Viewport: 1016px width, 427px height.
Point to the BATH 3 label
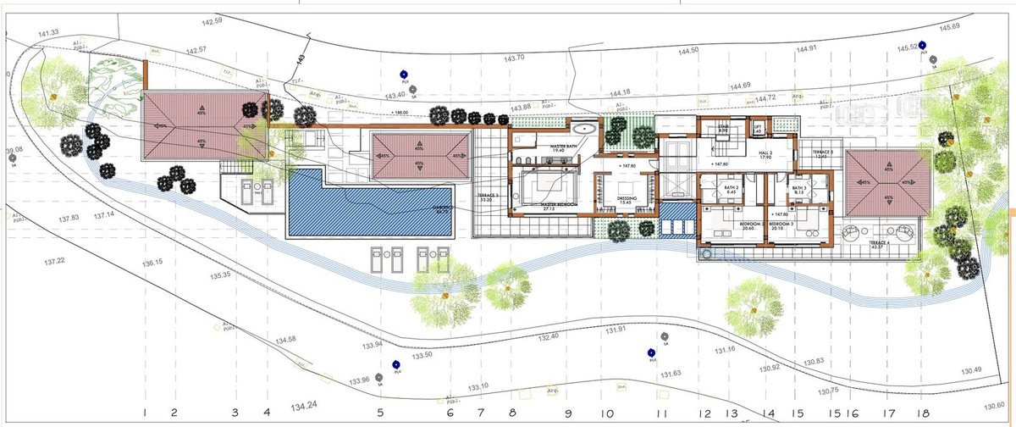pos(798,188)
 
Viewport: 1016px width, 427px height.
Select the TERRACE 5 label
pos(820,153)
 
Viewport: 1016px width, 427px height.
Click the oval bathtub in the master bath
pos(584,129)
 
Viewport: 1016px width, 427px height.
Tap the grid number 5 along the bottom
pos(380,413)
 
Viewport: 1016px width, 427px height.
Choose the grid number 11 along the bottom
pos(662,414)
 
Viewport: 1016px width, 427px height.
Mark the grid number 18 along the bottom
pos(919,413)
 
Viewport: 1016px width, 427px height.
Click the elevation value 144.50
pos(688,51)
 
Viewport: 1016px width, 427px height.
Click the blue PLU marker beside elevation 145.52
pos(923,47)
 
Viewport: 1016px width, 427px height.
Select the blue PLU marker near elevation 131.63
pos(651,352)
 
